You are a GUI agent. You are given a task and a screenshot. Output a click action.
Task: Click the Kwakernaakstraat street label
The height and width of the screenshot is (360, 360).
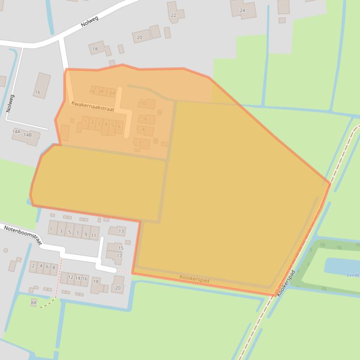93,106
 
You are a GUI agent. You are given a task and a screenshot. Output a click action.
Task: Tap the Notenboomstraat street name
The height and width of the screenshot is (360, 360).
22,235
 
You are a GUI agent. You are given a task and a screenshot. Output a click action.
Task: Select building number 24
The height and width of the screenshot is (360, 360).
242,10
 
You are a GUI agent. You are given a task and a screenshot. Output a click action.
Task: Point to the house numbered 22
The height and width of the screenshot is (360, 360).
173,15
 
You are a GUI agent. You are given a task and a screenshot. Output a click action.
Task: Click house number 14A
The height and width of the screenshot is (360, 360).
16,132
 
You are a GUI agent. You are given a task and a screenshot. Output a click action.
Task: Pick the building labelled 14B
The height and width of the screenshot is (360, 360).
28,135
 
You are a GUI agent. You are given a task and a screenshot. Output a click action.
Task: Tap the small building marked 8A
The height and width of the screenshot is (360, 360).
33,303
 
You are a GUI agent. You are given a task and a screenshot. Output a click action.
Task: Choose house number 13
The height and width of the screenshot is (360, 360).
121,231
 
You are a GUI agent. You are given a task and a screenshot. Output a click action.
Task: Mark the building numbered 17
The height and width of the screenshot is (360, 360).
119,256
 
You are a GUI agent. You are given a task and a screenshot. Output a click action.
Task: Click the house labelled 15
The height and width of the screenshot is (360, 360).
121,248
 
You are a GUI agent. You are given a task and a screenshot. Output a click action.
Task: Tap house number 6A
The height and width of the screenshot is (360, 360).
112,93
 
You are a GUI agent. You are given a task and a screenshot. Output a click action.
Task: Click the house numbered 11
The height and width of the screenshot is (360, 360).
94,235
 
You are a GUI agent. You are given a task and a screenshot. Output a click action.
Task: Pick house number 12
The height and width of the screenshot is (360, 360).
71,277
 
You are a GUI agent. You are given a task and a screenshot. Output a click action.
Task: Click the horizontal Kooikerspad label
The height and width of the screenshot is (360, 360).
194,279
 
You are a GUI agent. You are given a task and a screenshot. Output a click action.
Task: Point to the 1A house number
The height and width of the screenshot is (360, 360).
92,92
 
